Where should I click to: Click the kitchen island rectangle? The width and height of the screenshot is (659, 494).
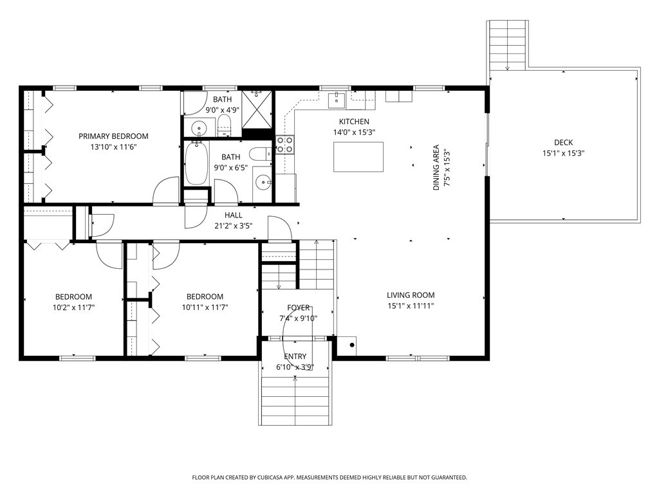[x=358, y=156]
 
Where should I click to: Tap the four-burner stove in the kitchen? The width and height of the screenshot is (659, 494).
[x=284, y=145]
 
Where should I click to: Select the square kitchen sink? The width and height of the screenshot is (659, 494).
[x=337, y=100]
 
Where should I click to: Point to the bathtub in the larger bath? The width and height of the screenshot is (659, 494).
[x=196, y=163]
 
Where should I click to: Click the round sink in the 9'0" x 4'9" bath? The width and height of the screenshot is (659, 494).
[x=198, y=127]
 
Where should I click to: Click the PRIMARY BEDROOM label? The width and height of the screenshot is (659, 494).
[x=113, y=136]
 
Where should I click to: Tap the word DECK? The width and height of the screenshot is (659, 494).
[x=563, y=143]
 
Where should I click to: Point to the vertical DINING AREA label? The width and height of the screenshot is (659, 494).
[x=436, y=167]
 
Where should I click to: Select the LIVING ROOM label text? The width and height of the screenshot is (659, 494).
[x=411, y=295]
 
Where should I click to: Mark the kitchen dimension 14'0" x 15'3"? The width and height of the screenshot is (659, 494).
[x=354, y=133]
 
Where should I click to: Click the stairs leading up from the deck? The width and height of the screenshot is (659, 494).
[x=508, y=45]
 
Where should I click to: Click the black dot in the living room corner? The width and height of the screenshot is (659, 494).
[x=352, y=345]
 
